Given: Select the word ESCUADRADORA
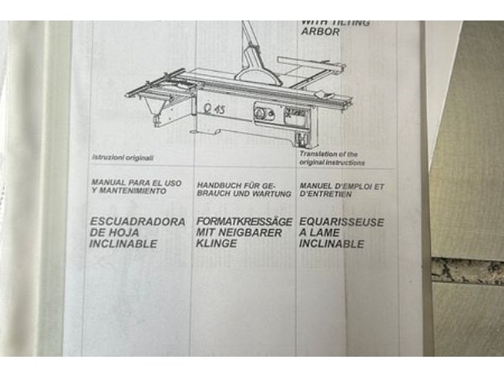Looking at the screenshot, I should (x=138, y=222).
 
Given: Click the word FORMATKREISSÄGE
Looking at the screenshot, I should (x=243, y=222).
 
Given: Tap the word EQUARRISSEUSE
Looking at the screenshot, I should (x=342, y=223).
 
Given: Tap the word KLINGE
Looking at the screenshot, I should (x=216, y=244).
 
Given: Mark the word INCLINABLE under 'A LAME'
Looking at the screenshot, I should (x=332, y=245).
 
